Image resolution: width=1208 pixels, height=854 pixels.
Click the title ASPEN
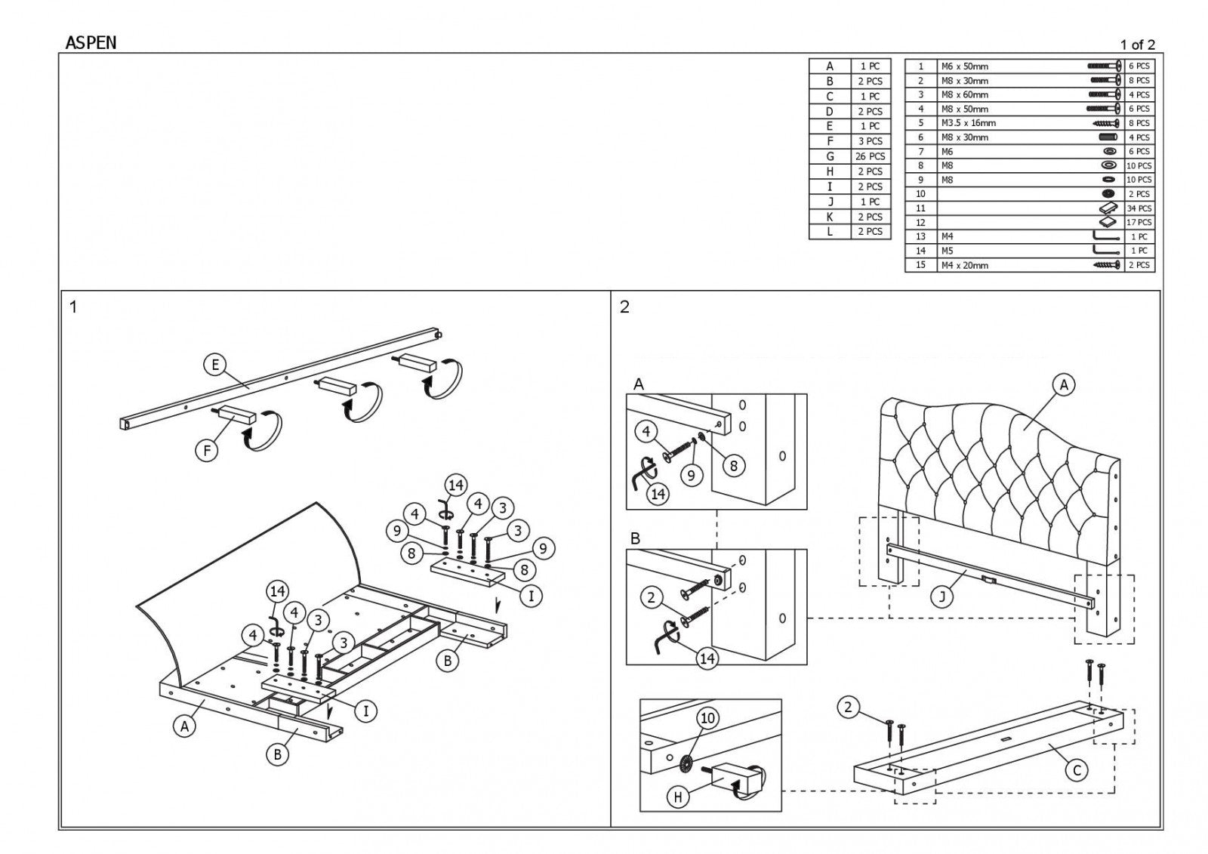91,43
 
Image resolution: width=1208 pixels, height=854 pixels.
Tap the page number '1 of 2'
1137,45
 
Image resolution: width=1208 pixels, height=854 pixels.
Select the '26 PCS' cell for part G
870,156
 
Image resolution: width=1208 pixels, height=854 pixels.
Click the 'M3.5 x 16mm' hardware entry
968,123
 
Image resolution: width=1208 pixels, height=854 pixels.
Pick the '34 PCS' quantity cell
1139,208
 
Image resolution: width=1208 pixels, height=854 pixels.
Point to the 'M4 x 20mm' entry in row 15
964,265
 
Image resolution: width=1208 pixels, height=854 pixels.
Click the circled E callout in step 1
215,365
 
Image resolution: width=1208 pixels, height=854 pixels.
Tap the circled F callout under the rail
206,451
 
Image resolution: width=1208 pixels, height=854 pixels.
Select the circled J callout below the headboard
941,597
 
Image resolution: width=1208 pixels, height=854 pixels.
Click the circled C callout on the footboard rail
1077,770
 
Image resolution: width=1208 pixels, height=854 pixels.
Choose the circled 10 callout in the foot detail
707,717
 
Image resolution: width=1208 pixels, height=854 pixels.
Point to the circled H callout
678,797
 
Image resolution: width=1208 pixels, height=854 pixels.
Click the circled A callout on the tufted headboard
1064,385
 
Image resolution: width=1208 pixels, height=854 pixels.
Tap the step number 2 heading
624,307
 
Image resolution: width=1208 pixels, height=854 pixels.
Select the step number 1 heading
73,307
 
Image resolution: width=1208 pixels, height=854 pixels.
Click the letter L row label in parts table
830,232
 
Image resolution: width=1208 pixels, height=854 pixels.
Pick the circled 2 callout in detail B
652,599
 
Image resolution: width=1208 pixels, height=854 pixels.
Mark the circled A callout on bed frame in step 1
184,726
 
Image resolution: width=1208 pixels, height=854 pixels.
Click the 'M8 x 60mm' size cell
964,94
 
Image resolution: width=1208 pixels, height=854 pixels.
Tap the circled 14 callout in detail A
658,494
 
